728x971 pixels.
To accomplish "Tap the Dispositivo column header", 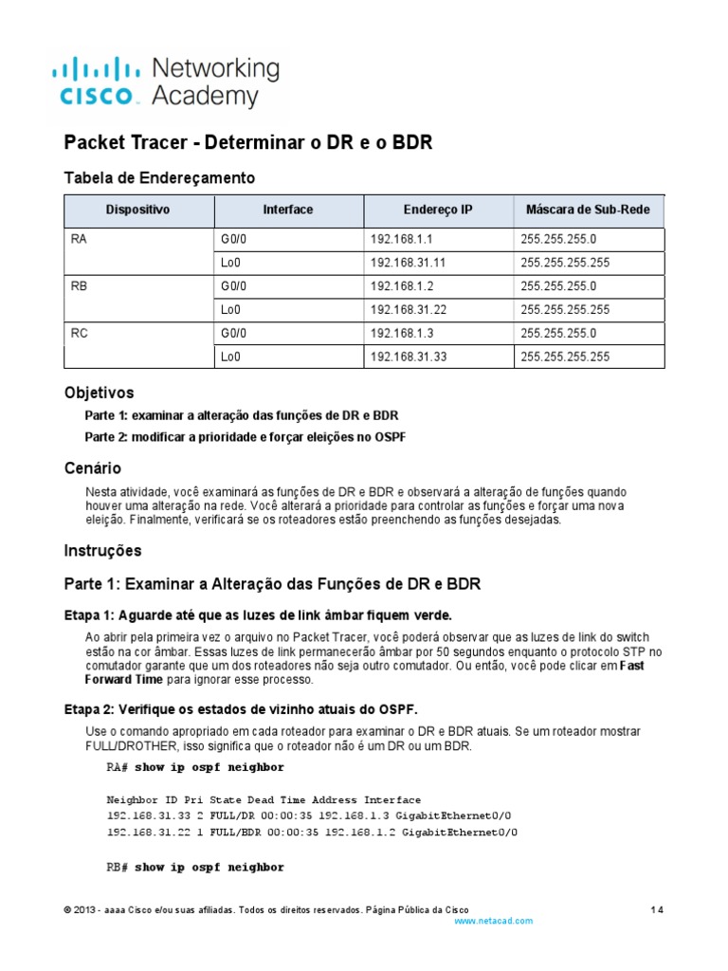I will pos(138,211).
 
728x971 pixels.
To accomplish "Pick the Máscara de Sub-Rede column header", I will pos(588,211).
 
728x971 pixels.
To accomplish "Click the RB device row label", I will pos(79,286).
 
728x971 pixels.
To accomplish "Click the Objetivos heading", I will pos(99,393).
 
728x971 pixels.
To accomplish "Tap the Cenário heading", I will pos(92,468).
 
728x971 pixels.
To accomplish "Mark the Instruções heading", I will pos(102,550).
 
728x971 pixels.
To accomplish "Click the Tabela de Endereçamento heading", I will pos(159,177).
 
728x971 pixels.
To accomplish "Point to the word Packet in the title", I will pos(94,143).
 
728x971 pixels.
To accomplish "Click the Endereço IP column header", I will pos(438,211).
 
